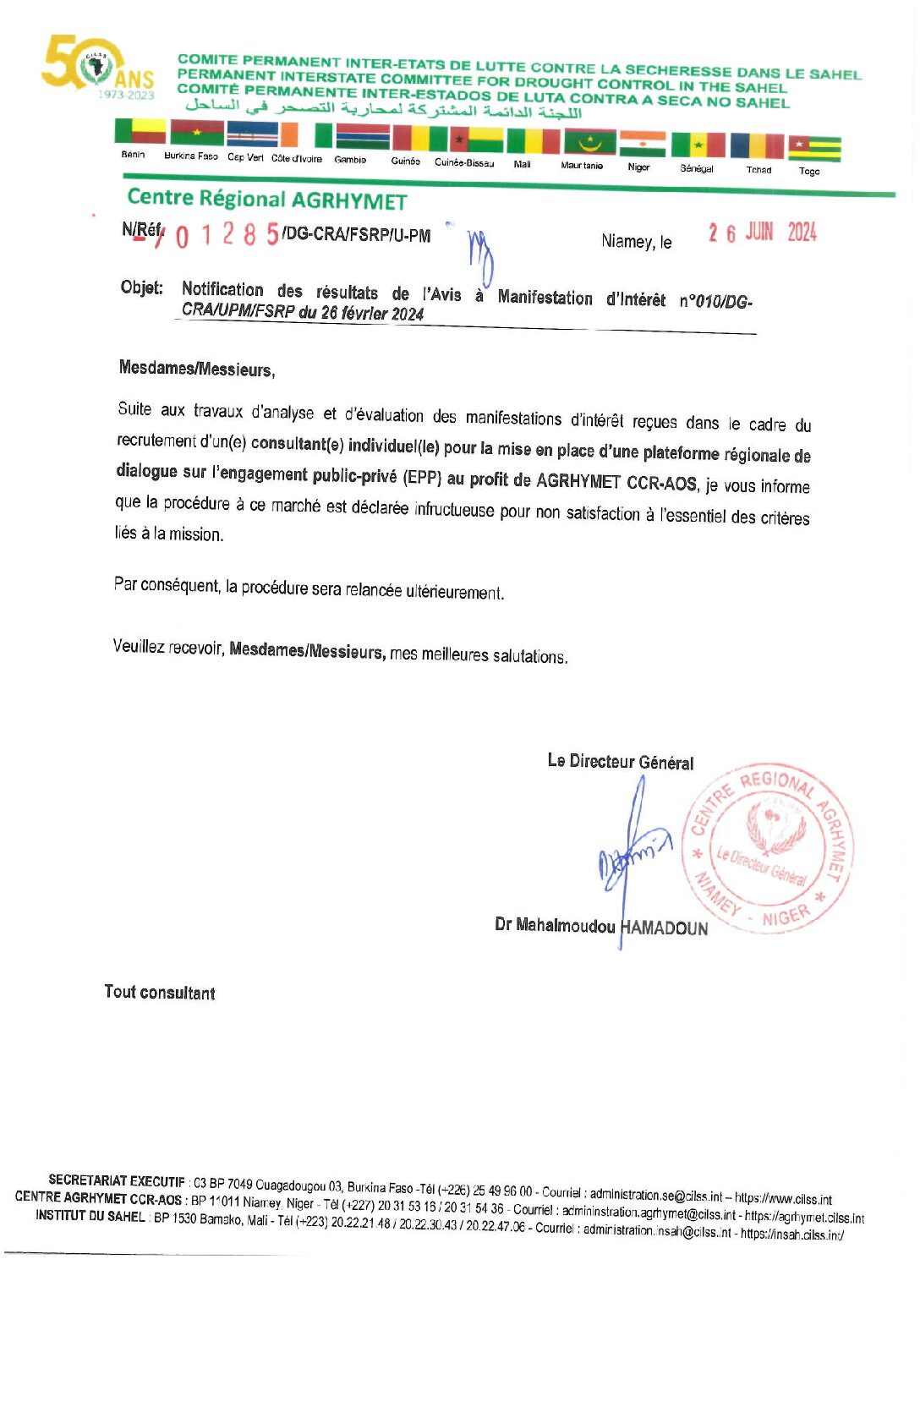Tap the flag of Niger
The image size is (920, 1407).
coord(642,143)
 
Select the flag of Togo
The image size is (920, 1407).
coord(814,148)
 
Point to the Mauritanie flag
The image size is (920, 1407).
coord(589,141)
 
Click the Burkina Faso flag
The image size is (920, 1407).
coord(197,133)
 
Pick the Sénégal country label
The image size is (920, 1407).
coord(697,168)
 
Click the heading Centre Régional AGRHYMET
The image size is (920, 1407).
coord(266,200)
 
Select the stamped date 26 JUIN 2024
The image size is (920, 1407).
coord(762,233)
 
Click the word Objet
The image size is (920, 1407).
coord(141,287)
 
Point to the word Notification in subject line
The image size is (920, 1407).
coord(222,289)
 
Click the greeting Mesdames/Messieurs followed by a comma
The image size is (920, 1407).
coord(196,369)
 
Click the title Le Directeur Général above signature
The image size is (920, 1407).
coord(620,761)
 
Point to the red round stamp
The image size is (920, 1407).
coord(768,848)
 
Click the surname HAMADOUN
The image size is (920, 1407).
coord(664,928)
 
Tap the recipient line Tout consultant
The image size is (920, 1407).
coord(160,992)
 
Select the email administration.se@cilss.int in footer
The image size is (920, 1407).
coord(655,1195)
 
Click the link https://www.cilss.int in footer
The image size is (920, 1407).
coord(783,1199)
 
